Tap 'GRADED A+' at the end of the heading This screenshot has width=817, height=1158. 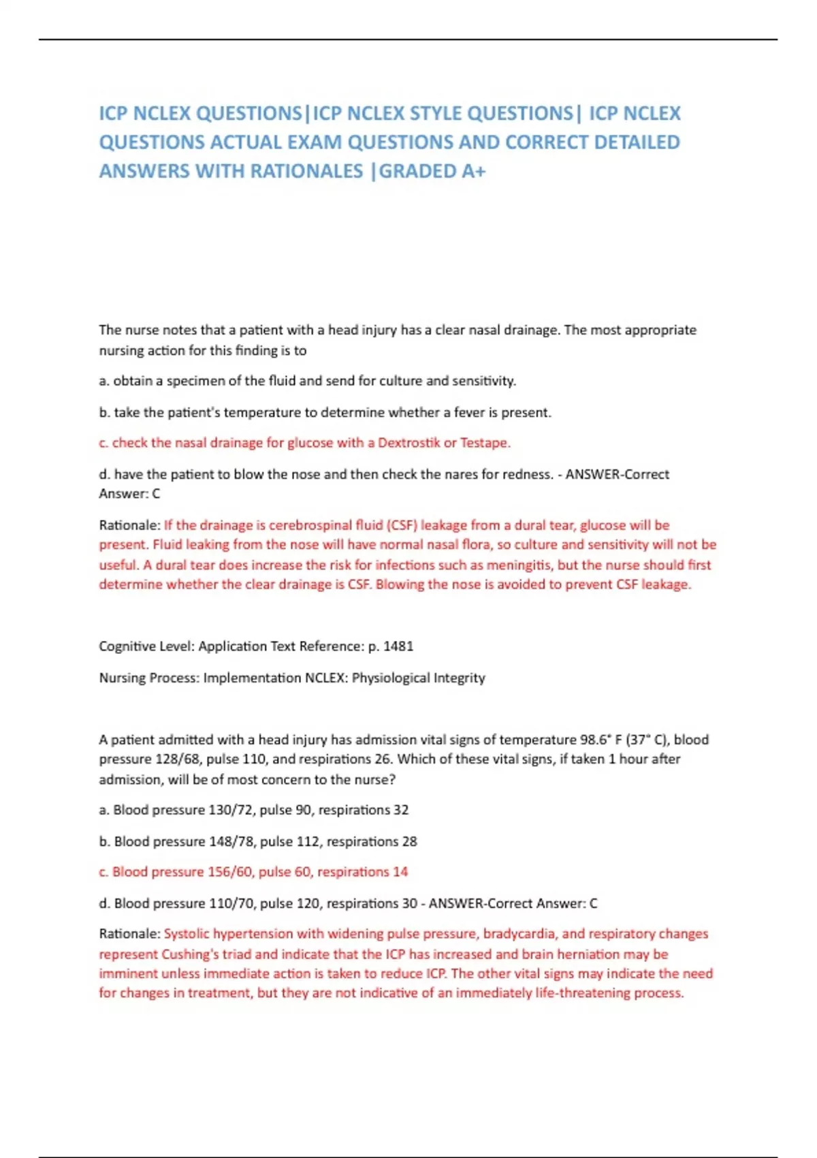432,171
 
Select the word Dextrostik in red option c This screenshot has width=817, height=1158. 409,443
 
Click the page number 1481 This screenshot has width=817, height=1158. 398,646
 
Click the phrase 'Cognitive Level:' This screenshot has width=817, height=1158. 146,646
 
